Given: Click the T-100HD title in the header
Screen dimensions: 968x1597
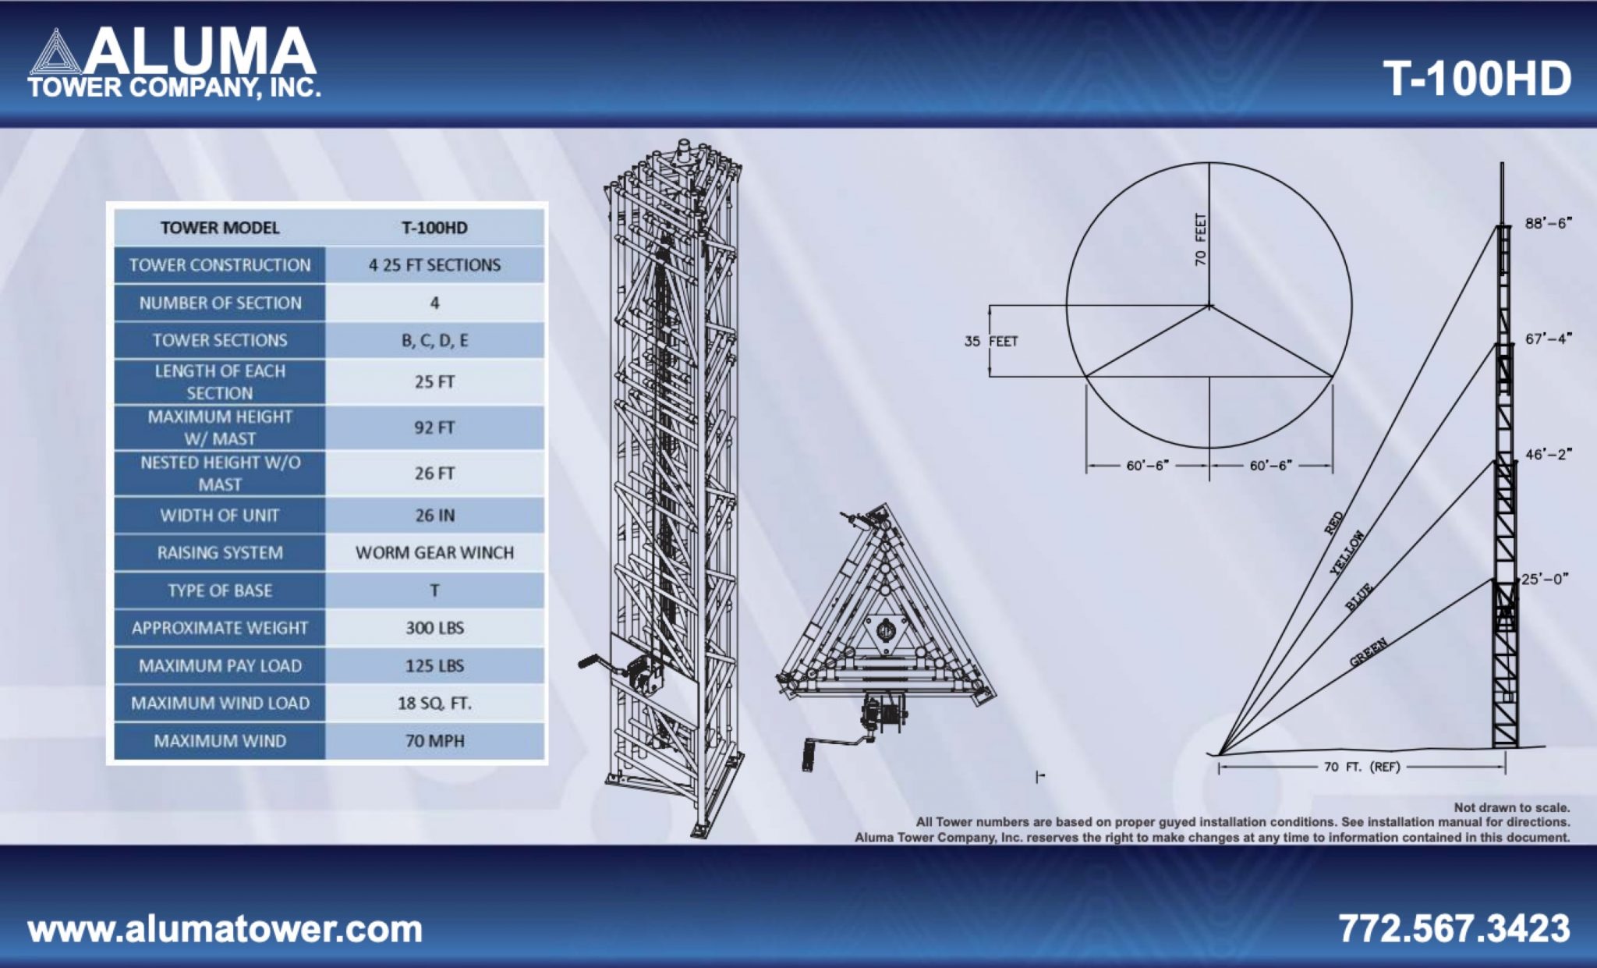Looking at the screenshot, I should click(1476, 79).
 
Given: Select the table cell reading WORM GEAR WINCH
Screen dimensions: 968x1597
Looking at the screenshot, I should click(434, 553).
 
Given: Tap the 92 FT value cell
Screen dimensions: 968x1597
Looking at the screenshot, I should click(434, 427).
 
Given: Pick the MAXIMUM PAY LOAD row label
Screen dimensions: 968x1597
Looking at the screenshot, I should click(220, 666).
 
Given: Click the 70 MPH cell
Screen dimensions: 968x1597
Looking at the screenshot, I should click(434, 741).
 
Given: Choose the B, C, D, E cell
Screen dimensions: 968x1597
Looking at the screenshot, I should click(434, 341).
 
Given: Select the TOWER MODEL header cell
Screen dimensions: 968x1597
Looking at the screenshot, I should click(220, 228).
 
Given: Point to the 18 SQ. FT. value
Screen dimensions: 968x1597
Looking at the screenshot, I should click(434, 704).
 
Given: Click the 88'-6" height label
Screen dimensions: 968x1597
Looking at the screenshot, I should click(1548, 224).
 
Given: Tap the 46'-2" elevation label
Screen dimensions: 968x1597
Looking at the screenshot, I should click(1548, 454).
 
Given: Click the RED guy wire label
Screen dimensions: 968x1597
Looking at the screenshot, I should click(1334, 523).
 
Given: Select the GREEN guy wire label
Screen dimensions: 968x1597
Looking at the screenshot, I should click(1369, 652).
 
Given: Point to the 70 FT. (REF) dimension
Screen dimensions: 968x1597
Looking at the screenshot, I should click(1362, 767).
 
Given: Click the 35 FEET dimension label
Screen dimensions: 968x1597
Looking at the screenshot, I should click(991, 342).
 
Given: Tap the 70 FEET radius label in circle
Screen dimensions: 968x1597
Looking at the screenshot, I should click(1201, 239).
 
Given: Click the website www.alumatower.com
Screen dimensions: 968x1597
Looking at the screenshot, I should click(225, 929).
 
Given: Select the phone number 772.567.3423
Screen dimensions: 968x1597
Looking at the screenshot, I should click(1454, 928).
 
